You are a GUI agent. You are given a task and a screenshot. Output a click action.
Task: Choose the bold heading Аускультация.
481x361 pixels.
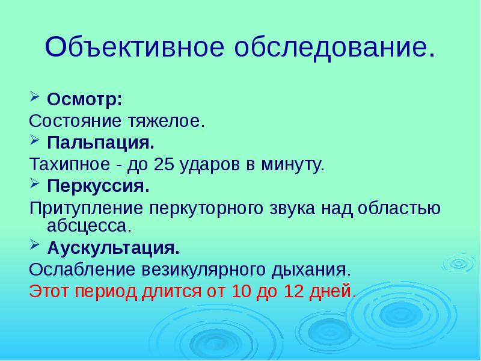[113, 247]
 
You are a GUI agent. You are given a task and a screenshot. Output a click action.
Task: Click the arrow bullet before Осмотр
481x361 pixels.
[34, 97]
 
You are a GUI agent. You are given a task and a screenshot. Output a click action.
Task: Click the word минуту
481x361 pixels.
[294, 164]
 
